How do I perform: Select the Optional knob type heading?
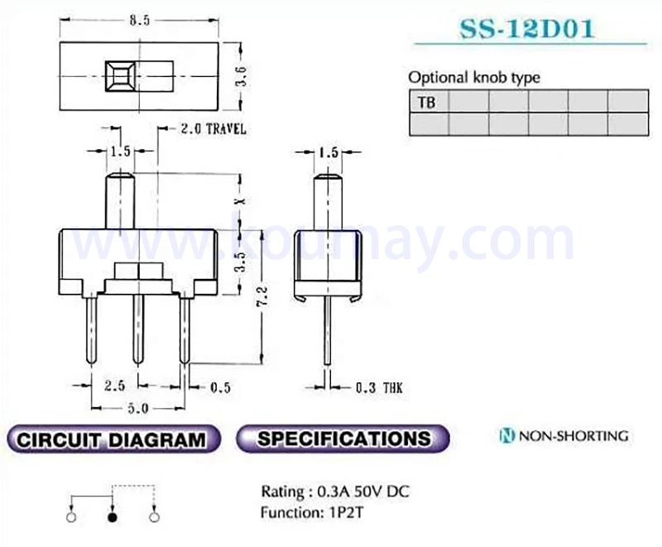pyautogui.click(x=473, y=77)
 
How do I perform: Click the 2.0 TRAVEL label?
pyautogui.click(x=213, y=129)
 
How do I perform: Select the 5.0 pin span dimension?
pyautogui.click(x=137, y=407)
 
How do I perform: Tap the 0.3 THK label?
pyautogui.click(x=379, y=386)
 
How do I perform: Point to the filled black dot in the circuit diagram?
pyautogui.click(x=113, y=517)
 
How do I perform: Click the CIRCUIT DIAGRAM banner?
pyautogui.click(x=112, y=439)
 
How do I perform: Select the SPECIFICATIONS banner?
pyautogui.click(x=343, y=439)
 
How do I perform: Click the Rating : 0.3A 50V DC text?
pyautogui.click(x=334, y=492)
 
